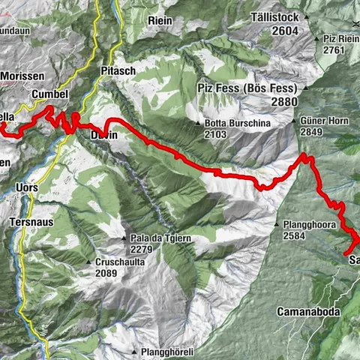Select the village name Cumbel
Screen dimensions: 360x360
[x=51, y=94]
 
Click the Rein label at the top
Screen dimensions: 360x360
[x=160, y=20]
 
